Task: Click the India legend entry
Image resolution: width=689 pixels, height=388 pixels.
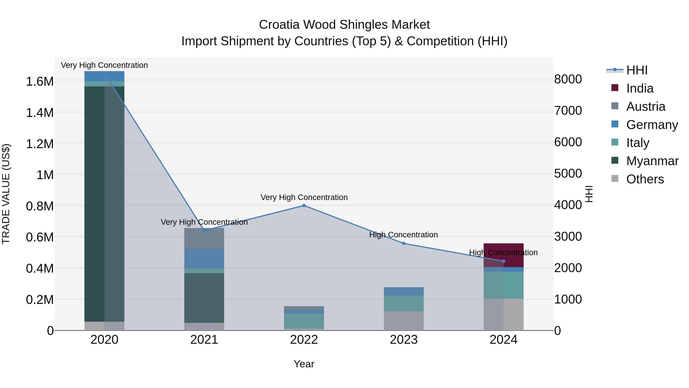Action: [x=639, y=88]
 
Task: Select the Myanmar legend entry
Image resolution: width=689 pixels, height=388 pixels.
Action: [x=652, y=161]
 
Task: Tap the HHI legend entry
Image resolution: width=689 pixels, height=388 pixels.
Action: [x=637, y=70]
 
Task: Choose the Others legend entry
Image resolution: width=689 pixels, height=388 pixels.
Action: [x=645, y=179]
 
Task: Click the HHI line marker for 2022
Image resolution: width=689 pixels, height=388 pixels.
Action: [x=304, y=206]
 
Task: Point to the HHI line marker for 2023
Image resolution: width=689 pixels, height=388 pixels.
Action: [x=404, y=243]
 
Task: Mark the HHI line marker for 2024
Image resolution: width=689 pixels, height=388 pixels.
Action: [x=503, y=261]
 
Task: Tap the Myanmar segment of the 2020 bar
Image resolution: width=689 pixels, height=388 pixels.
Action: [x=104, y=203]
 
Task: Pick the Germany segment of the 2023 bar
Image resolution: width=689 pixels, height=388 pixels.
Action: [x=404, y=291]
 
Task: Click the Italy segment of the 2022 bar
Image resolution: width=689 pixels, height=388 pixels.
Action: [x=304, y=321]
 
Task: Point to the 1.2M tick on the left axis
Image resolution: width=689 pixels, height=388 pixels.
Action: [x=40, y=144]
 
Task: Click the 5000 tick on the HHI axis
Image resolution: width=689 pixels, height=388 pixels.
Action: [x=568, y=174]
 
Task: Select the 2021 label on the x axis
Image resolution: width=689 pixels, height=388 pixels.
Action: [x=204, y=340]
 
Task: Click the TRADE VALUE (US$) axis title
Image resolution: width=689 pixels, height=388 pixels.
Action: [x=6, y=194]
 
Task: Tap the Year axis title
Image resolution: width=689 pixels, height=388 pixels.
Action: [x=304, y=364]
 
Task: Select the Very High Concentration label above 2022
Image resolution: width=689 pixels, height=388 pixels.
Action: [x=304, y=197]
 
